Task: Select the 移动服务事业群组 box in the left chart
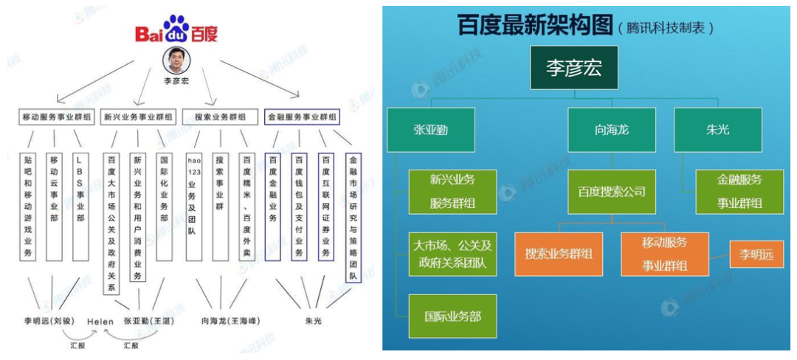[56, 117]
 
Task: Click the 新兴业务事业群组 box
[139, 117]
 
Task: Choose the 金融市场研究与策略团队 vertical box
[353, 218]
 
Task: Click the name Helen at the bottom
[100, 322]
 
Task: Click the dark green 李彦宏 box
[573, 68]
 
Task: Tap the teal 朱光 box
[718, 130]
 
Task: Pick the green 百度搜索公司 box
[612, 192]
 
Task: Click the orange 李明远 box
[756, 255]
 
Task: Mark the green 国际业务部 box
[453, 316]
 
